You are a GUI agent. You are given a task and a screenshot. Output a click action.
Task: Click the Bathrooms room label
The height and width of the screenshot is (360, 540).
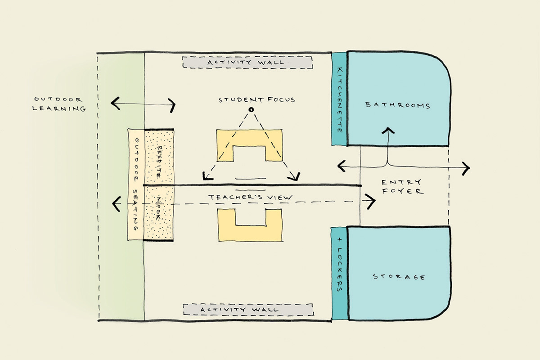click(398, 105)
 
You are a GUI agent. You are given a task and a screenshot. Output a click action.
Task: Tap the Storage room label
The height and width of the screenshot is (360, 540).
click(399, 276)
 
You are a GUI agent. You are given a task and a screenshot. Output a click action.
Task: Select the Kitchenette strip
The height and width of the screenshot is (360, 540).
click(339, 99)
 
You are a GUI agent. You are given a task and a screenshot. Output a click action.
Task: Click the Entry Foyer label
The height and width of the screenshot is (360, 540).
click(401, 186)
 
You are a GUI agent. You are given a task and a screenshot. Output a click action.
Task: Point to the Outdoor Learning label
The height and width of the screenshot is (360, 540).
click(59, 103)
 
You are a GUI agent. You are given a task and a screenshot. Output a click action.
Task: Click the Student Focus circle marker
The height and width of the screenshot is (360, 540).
click(252, 109)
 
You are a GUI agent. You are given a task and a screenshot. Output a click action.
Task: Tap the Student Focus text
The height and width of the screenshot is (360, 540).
click(257, 99)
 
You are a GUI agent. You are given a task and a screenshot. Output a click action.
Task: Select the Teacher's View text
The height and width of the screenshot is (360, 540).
click(251, 197)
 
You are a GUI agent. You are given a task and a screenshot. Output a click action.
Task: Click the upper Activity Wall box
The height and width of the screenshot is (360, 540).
click(247, 62)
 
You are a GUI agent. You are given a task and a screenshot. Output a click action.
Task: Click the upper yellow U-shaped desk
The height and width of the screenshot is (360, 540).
click(250, 139)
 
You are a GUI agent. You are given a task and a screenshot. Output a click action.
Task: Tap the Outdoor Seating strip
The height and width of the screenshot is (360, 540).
click(135, 184)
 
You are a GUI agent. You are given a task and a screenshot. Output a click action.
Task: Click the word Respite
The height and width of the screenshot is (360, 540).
click(158, 160)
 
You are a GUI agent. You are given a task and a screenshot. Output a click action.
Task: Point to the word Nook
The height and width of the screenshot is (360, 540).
click(158, 210)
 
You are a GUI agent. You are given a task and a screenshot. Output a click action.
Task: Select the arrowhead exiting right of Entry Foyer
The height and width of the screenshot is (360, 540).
click(466, 168)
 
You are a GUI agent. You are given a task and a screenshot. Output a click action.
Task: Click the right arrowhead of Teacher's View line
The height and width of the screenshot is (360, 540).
click(372, 202)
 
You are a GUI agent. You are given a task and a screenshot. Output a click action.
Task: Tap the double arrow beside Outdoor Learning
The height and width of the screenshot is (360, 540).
click(143, 104)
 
